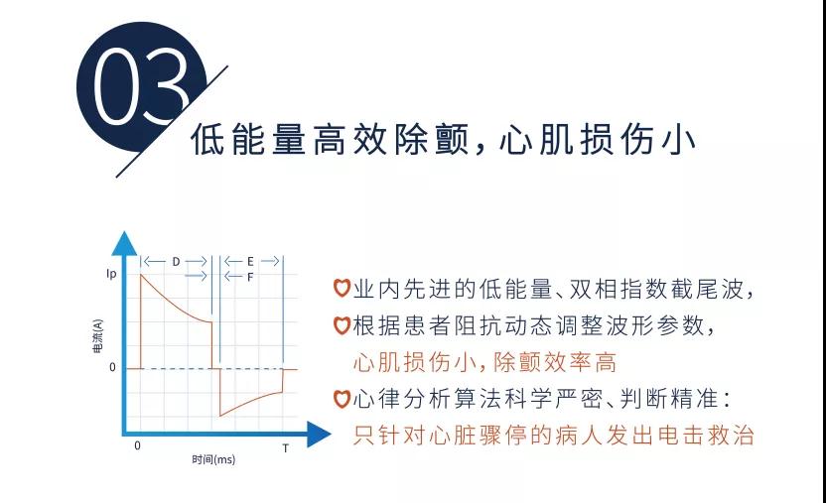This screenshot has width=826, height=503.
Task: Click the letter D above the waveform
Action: [x=176, y=261]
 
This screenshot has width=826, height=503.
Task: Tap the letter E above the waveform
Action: [x=250, y=261]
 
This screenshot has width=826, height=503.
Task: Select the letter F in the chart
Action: [x=249, y=277]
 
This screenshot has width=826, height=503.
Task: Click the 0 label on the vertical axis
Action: [x=112, y=367]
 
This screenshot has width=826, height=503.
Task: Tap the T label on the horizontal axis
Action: [x=286, y=448]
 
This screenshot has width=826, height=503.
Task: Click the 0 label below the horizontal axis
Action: [x=137, y=445]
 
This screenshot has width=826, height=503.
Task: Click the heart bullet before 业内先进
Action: [x=342, y=290]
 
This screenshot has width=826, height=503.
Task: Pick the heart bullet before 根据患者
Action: [x=342, y=325]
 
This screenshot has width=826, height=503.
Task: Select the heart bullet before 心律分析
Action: [x=342, y=399]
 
